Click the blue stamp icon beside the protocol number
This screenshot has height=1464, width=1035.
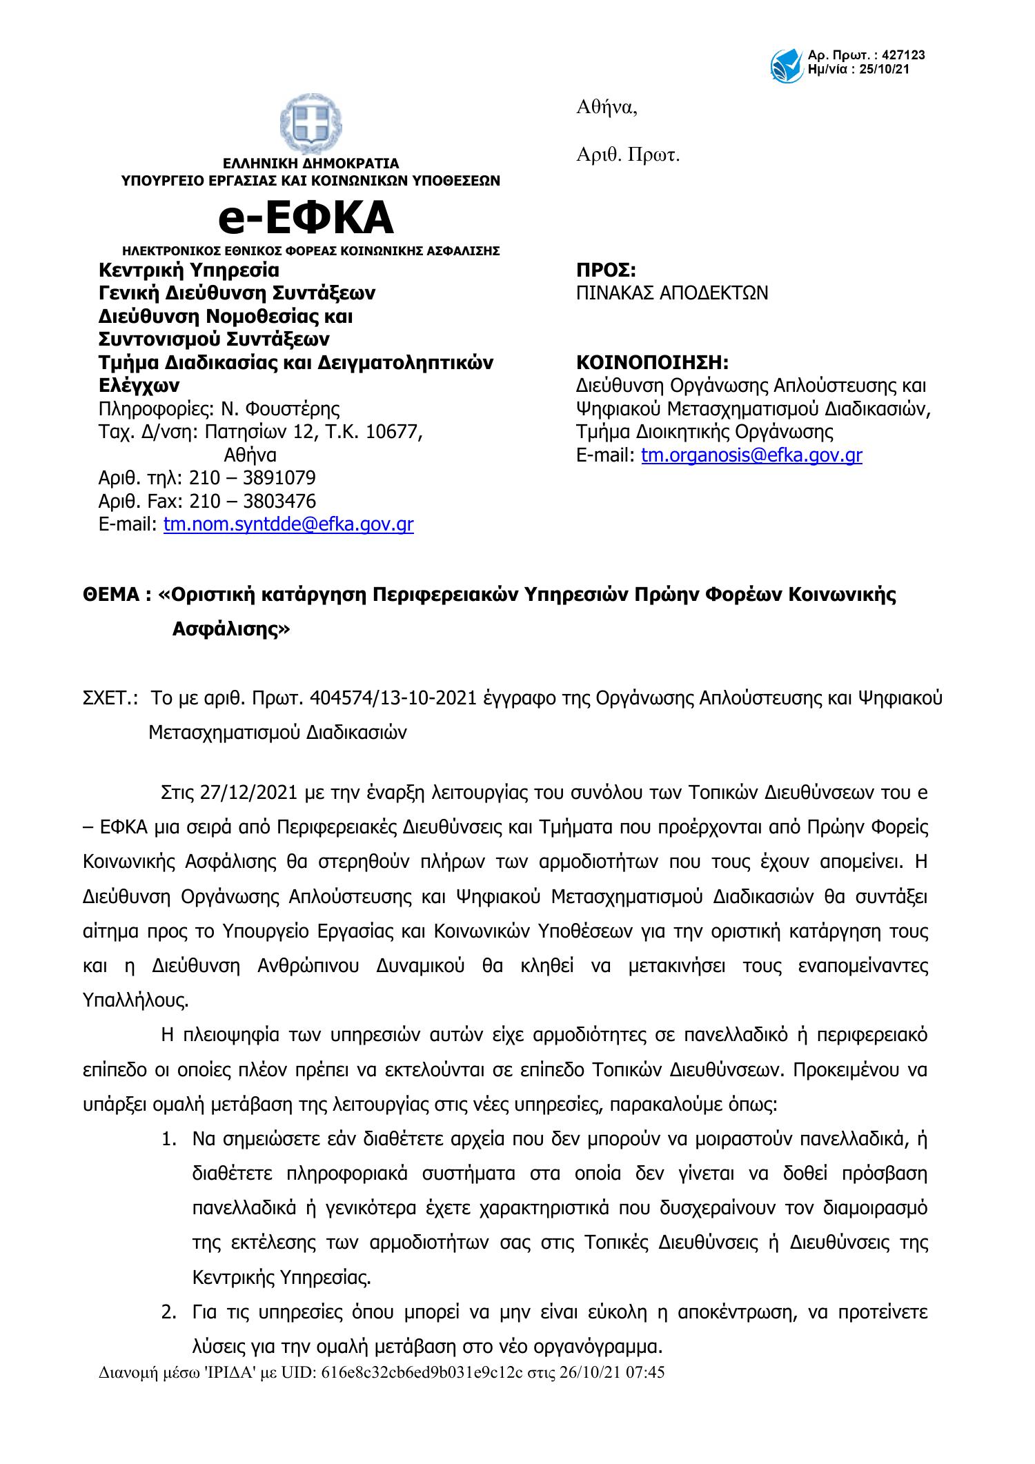[787, 63]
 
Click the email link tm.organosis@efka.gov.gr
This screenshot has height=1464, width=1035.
[751, 455]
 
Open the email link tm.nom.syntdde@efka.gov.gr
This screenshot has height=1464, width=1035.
[288, 524]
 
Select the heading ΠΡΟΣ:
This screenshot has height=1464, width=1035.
[606, 270]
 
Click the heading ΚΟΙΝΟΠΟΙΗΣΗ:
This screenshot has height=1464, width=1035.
[652, 362]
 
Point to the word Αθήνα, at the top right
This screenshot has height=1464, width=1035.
[607, 108]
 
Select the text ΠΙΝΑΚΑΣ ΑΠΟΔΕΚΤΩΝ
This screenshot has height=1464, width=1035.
[671, 293]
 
